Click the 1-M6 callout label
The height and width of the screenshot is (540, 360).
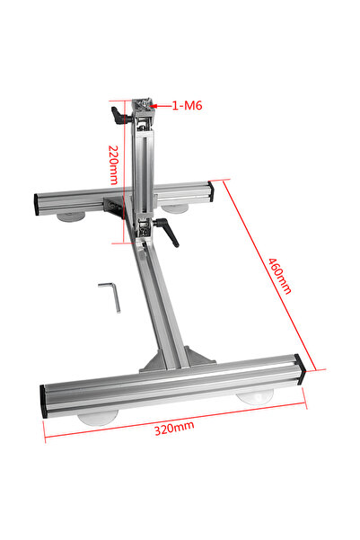[187, 105]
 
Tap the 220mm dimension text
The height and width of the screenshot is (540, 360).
[114, 165]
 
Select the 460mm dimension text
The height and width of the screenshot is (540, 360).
[280, 276]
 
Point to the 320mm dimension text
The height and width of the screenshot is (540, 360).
[174, 428]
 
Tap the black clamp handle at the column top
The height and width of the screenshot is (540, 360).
[121, 115]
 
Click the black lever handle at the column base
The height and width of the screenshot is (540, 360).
[167, 232]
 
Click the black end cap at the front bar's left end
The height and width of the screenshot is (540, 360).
[43, 402]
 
